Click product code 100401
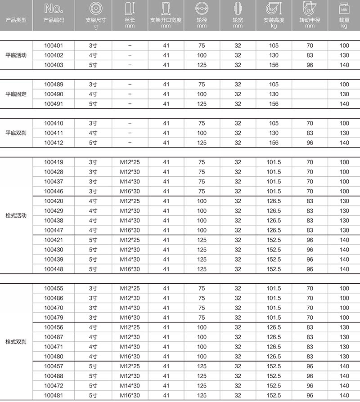click(54, 45)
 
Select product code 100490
click(54, 94)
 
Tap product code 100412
click(54, 143)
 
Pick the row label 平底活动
click(16, 55)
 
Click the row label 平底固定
click(16, 94)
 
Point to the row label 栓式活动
click(16, 215)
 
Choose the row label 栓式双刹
click(16, 342)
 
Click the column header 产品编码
click(54, 21)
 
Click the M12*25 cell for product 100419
click(130, 162)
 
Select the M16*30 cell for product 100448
click(130, 269)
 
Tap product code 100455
click(54, 288)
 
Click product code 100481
click(54, 395)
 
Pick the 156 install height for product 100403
click(274, 65)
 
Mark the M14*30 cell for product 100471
click(130, 347)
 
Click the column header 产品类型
click(16, 21)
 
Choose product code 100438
click(54, 220)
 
